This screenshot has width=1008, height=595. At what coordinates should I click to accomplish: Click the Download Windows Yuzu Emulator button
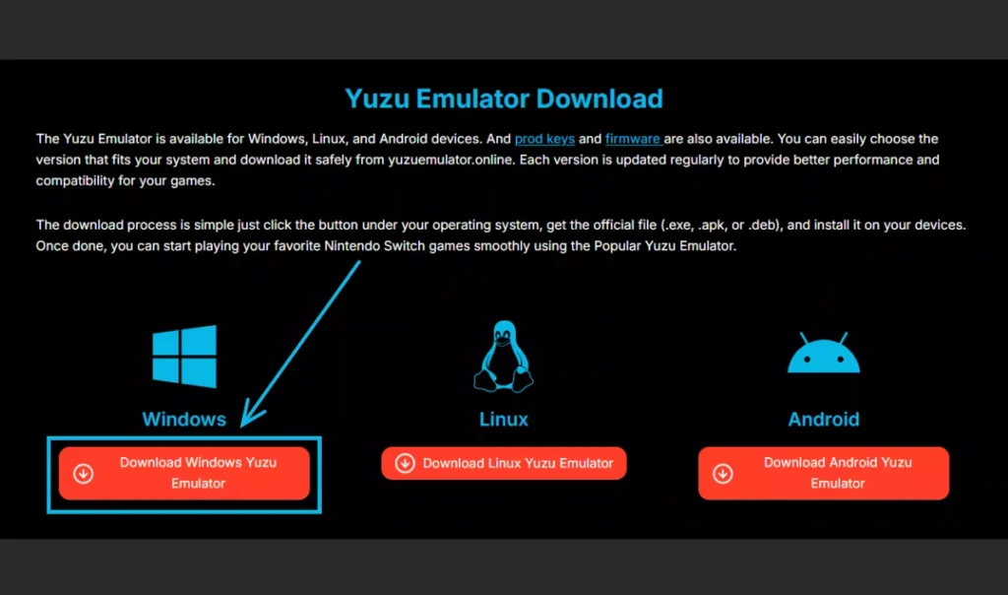[184, 474]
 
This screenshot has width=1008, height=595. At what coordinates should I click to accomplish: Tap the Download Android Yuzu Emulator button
[824, 474]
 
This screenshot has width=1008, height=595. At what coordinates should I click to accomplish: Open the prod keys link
[544, 139]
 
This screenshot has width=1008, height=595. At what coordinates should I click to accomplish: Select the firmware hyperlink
[633, 139]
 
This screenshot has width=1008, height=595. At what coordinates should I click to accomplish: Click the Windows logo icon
[184, 357]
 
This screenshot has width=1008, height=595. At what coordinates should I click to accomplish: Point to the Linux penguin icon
[503, 357]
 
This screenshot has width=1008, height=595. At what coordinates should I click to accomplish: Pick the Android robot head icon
[824, 353]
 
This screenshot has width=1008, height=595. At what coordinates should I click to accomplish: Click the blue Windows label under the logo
[184, 420]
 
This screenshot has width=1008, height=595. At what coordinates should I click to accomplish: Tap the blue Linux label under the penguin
[503, 420]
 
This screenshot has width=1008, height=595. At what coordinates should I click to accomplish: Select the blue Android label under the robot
[824, 420]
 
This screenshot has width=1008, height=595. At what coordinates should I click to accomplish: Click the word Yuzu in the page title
[377, 99]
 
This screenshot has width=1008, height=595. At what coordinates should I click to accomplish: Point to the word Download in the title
[599, 99]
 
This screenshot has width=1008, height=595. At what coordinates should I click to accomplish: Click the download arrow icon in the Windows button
[83, 474]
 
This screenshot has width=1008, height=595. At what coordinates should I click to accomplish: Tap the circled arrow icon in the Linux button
[405, 463]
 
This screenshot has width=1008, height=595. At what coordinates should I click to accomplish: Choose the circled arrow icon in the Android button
[723, 474]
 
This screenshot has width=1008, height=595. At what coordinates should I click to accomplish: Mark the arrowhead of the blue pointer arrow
[243, 425]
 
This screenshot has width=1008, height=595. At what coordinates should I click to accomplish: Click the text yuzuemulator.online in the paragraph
[451, 160]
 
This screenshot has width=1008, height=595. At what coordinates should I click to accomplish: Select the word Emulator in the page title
[472, 99]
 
